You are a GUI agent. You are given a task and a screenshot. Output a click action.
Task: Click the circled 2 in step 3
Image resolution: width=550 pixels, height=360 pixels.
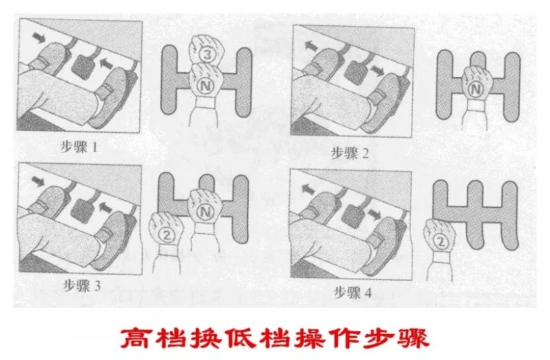tap(166, 234)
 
